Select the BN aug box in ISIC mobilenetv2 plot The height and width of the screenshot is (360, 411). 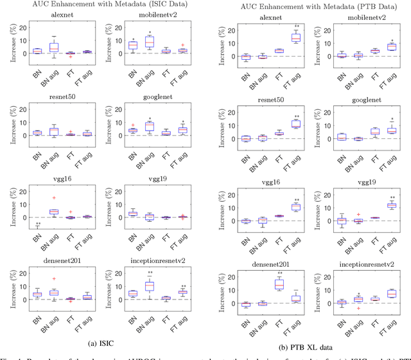(150, 42)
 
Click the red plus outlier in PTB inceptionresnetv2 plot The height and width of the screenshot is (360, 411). (359, 309)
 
